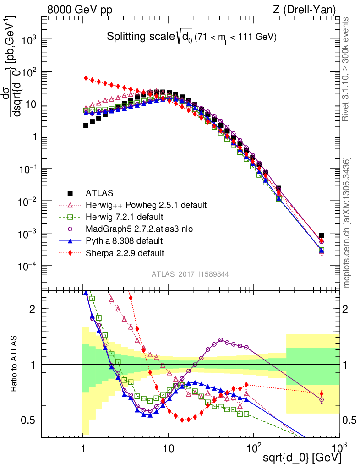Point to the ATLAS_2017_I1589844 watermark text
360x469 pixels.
pyautogui.click(x=190, y=274)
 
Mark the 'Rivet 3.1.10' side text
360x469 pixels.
pyautogui.click(x=346, y=69)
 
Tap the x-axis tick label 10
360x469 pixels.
pyautogui.click(x=168, y=447)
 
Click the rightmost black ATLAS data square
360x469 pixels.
pyautogui.click(x=322, y=235)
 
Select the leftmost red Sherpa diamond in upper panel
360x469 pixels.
pyautogui.click(x=86, y=78)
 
